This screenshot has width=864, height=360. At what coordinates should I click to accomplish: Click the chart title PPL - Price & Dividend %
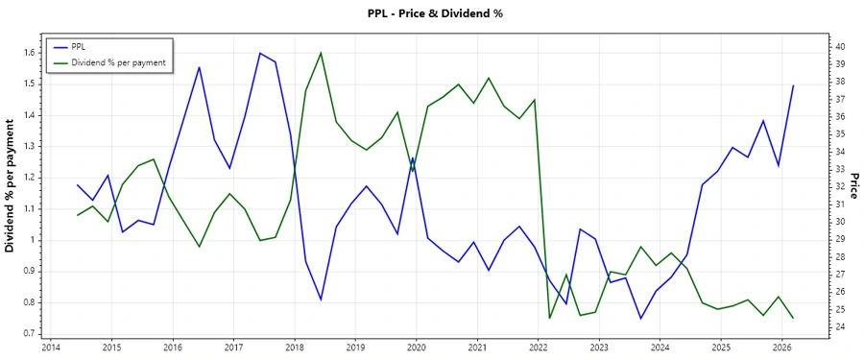(435, 13)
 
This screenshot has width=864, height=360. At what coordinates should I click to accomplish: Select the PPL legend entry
(79, 47)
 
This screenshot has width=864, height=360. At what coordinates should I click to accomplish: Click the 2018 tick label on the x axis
(295, 347)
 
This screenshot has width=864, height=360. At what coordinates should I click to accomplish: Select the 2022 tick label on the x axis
(539, 347)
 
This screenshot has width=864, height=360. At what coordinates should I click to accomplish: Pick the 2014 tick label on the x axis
(51, 347)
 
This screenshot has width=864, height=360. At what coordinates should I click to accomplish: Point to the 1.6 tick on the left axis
(28, 53)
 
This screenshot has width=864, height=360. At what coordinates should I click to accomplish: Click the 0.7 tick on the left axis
(28, 333)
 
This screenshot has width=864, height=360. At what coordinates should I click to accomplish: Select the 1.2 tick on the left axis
(28, 178)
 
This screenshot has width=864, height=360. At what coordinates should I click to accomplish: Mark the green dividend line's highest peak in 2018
(321, 53)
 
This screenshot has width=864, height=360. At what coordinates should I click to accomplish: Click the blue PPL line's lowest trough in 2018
(321, 300)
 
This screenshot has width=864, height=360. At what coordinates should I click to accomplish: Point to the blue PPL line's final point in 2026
(793, 86)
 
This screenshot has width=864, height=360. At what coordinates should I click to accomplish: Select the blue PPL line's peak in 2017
(259, 53)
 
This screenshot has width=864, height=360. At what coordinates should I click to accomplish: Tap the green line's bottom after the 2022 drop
(550, 318)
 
